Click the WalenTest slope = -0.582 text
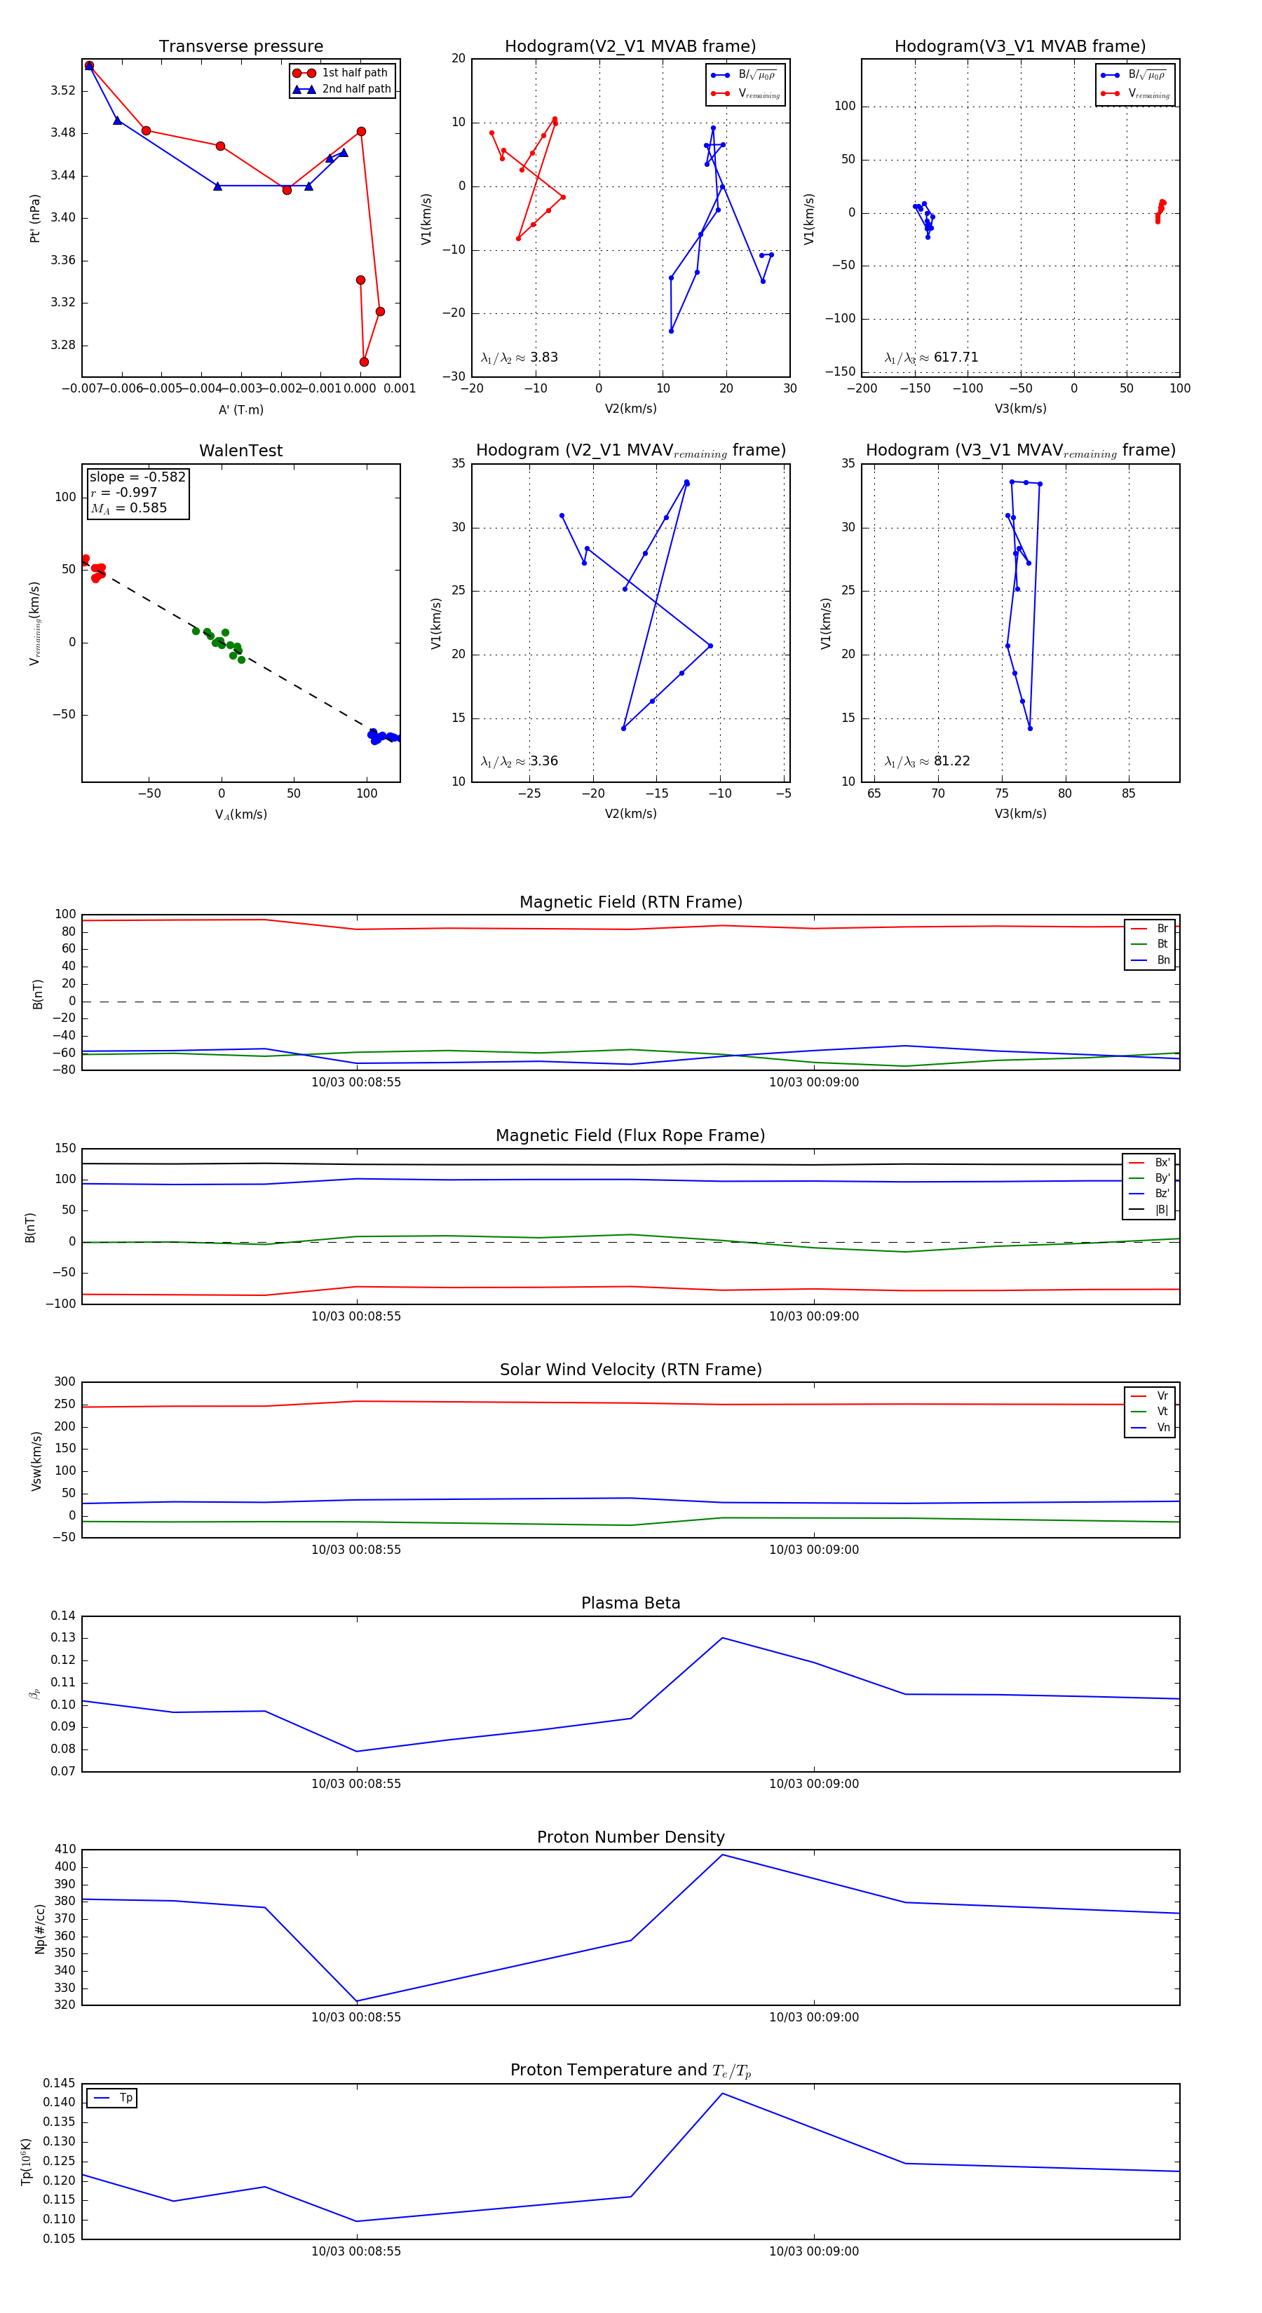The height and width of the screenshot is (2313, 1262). (x=137, y=477)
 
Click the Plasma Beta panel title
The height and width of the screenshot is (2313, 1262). (x=630, y=1603)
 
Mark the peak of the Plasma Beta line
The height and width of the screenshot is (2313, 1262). (x=723, y=1638)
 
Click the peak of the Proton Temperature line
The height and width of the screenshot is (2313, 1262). (x=723, y=2093)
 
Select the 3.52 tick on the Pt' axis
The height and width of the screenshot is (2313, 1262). (x=63, y=90)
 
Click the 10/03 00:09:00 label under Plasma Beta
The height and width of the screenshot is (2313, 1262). (x=813, y=1783)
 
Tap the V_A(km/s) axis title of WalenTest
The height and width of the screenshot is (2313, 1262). (x=240, y=814)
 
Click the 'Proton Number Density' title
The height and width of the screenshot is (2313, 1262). (x=630, y=1837)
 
